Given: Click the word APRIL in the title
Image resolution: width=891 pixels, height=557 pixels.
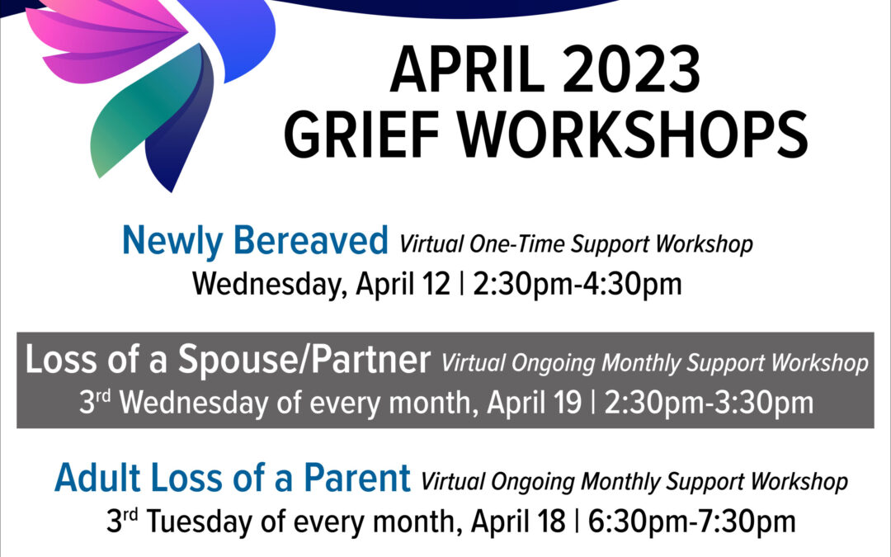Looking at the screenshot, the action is tap(466, 70).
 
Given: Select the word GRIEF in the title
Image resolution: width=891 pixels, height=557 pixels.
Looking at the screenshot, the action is tap(362, 135).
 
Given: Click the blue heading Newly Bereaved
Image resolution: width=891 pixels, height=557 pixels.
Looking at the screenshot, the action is tap(255, 240).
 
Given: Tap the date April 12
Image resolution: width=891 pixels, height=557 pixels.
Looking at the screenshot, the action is tap(403, 284).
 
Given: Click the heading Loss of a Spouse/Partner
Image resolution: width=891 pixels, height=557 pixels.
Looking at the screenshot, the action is tap(228, 360).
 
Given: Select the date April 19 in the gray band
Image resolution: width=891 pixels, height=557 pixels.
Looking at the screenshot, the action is tap(534, 403).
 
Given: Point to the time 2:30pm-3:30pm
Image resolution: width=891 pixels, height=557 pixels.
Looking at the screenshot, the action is tap(709, 403).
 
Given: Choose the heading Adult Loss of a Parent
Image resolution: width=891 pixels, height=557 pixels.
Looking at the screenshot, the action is tap(233, 478).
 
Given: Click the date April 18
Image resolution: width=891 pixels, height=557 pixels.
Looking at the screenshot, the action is tap(518, 522).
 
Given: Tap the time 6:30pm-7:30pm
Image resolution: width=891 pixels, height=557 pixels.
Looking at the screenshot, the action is tap(691, 522).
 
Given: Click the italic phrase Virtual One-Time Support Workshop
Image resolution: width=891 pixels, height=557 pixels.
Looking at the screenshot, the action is tap(576, 244).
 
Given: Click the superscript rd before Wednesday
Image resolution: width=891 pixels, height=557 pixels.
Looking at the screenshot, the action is tap(103, 395).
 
